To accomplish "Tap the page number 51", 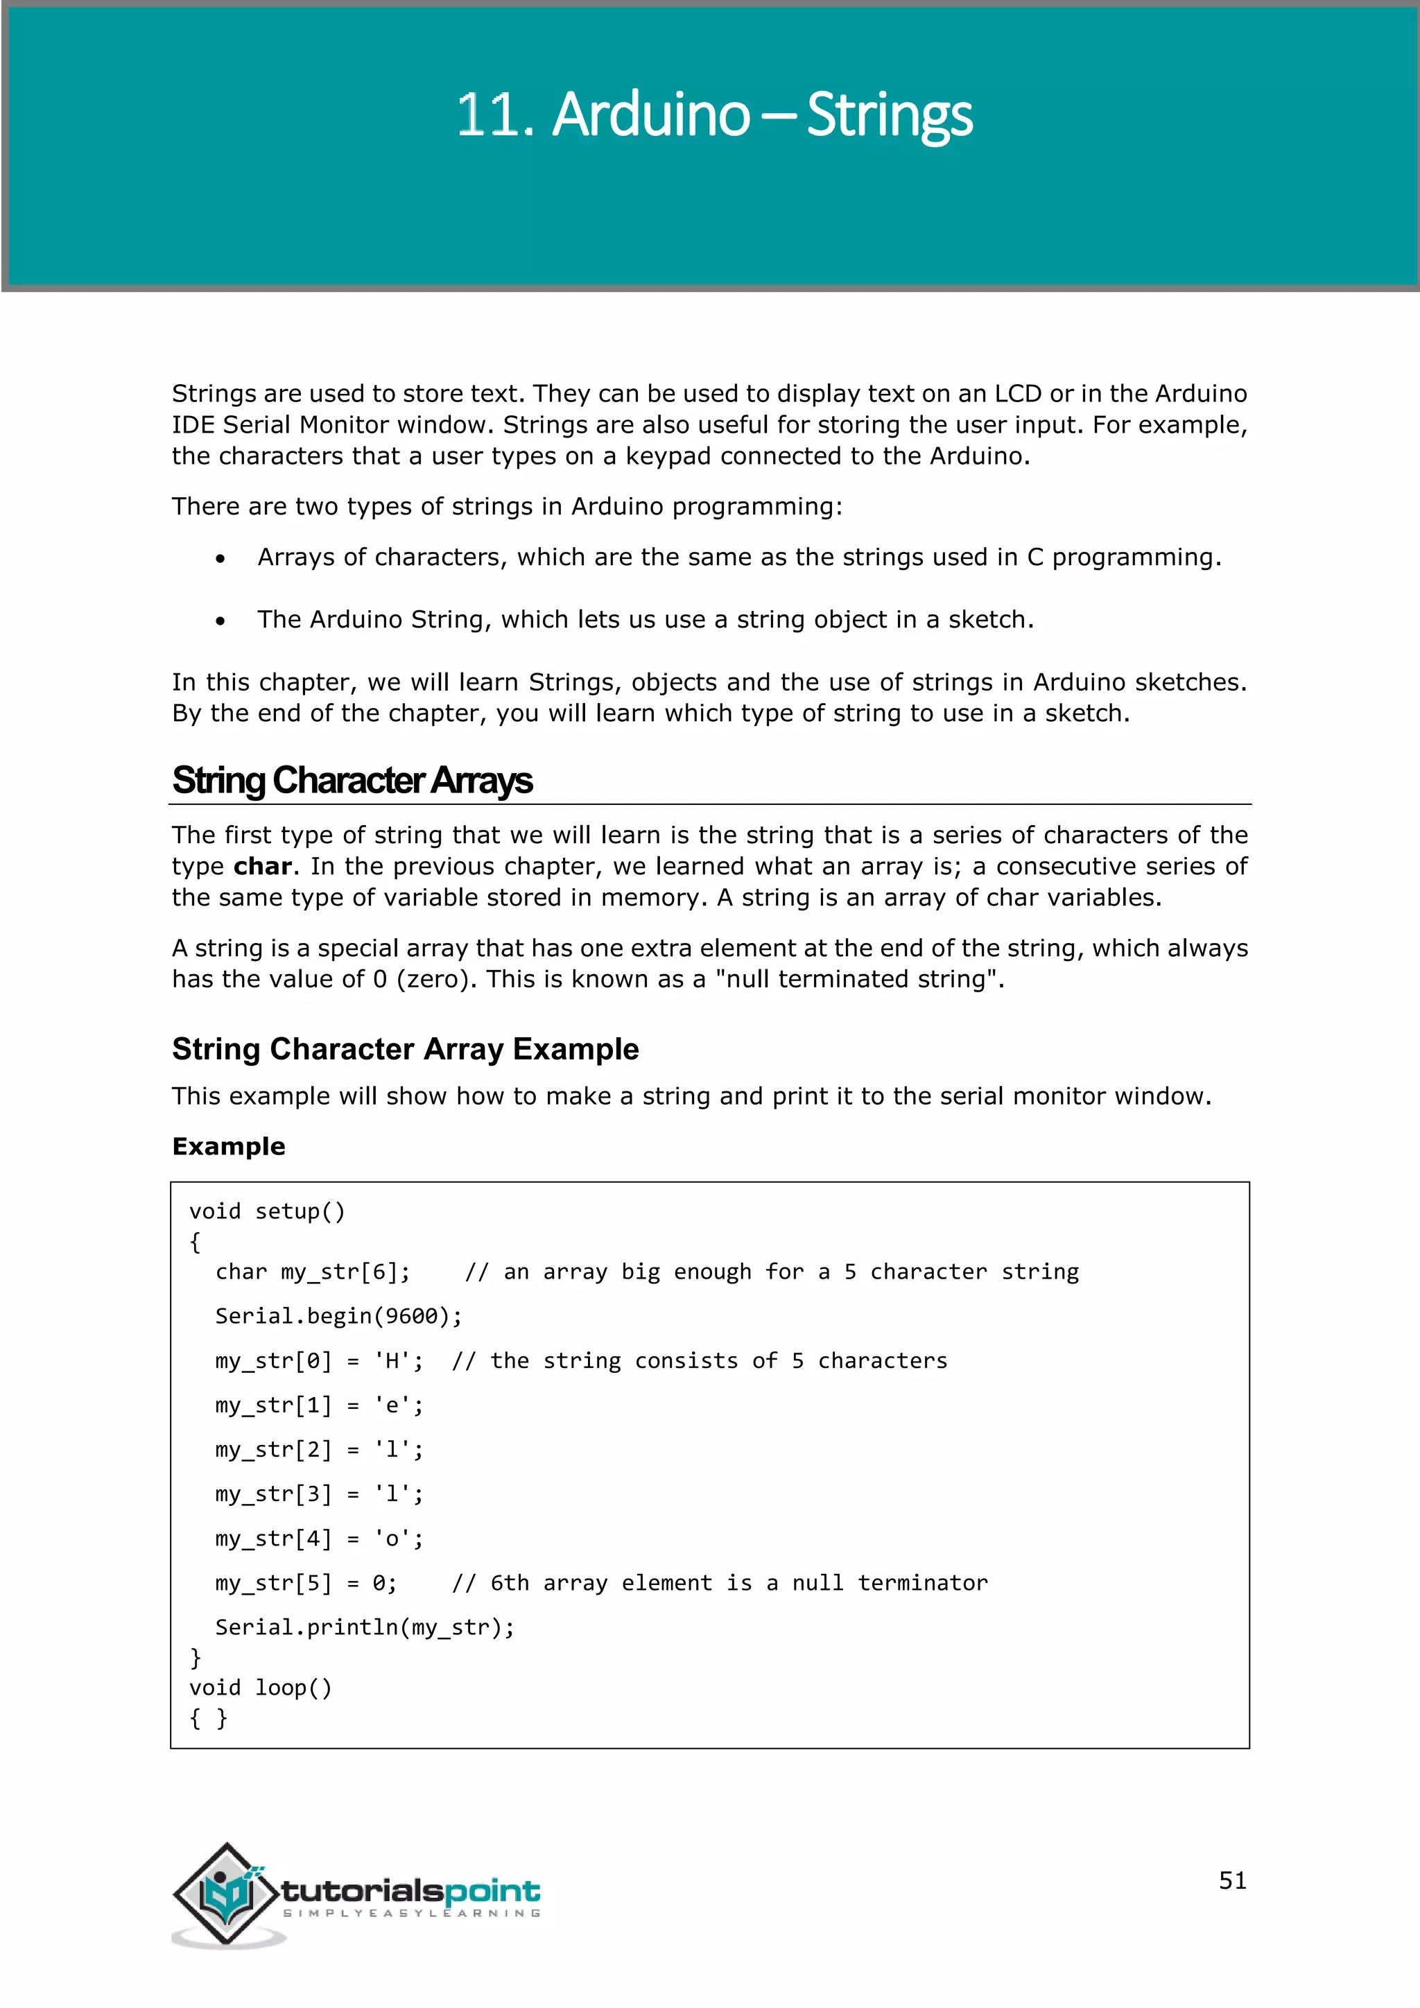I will coord(1232,1880).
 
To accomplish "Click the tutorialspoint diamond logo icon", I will coord(227,1894).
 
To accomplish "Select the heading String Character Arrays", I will coord(352,780).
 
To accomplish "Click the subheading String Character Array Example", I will coord(405,1048).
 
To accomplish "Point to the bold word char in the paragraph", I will coord(262,867).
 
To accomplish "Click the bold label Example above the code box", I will coord(228,1147).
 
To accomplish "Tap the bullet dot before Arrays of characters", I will coord(220,559).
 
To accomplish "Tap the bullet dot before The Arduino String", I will coord(220,621).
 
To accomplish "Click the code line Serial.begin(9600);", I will coord(338,1316).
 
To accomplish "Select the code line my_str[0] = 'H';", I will coord(319,1361).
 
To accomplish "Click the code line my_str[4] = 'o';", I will coord(319,1539).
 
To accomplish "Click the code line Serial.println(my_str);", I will coord(365,1627).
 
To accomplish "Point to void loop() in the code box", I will coord(261,1688).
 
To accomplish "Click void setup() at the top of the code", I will coord(267,1211).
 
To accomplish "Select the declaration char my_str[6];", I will coord(312,1272).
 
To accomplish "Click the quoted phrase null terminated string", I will coord(860,980).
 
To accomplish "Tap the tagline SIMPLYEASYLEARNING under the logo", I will coord(411,1914).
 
